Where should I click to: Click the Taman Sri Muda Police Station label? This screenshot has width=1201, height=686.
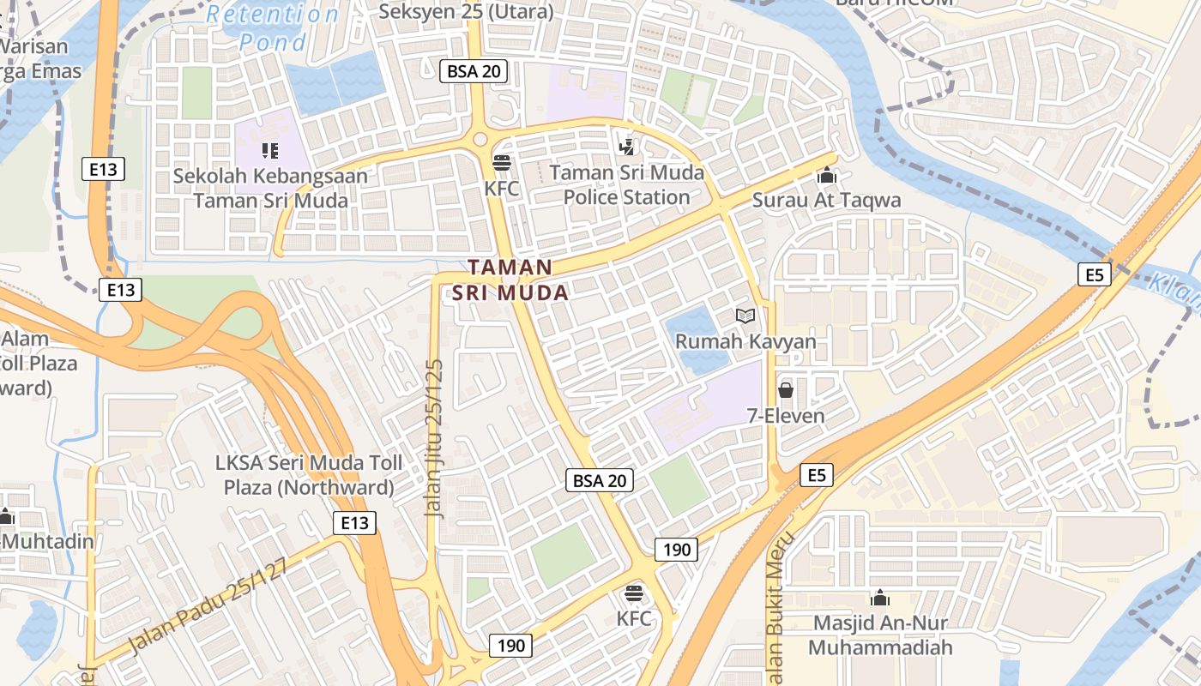click(x=627, y=185)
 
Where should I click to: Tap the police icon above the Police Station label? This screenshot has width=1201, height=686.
click(x=626, y=147)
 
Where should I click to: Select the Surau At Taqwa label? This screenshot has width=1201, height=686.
click(x=826, y=201)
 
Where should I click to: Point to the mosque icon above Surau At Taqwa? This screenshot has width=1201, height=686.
click(x=827, y=176)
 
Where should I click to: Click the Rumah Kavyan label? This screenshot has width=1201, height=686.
click(x=745, y=341)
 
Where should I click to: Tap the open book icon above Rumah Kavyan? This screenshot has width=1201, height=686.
click(x=745, y=316)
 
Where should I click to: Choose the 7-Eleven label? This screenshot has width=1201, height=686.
click(x=785, y=416)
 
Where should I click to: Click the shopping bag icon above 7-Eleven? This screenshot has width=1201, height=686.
click(x=785, y=391)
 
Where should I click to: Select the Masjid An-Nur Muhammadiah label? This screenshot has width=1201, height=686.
click(x=880, y=635)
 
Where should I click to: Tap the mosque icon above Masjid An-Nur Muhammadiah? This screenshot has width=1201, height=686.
click(x=880, y=598)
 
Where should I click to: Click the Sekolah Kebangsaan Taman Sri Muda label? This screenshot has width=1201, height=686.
click(x=270, y=189)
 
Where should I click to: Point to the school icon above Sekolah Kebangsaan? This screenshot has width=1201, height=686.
click(x=270, y=152)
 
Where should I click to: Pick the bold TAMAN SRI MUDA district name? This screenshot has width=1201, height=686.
click(x=510, y=280)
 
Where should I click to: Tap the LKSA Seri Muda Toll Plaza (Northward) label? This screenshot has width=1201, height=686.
click(x=309, y=476)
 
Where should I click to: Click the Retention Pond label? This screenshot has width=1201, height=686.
click(x=273, y=27)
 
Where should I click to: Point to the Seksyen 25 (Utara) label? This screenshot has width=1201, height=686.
click(x=466, y=12)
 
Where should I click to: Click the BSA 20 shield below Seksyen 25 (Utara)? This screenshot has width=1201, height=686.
click(x=474, y=71)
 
